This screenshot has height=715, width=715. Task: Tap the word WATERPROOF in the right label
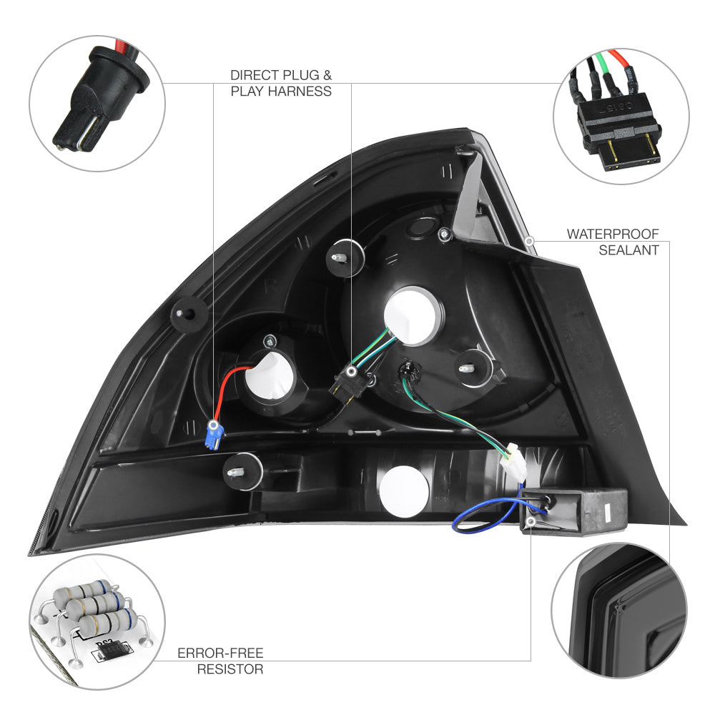[x=613, y=234]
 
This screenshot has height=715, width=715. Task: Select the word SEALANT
[x=628, y=250]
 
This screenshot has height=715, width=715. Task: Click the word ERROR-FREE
[x=220, y=653]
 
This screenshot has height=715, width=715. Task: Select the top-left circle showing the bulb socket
[x=97, y=104]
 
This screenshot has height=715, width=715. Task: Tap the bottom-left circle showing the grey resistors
[x=97, y=621]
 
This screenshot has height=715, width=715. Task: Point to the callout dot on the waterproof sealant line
[x=528, y=242]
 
